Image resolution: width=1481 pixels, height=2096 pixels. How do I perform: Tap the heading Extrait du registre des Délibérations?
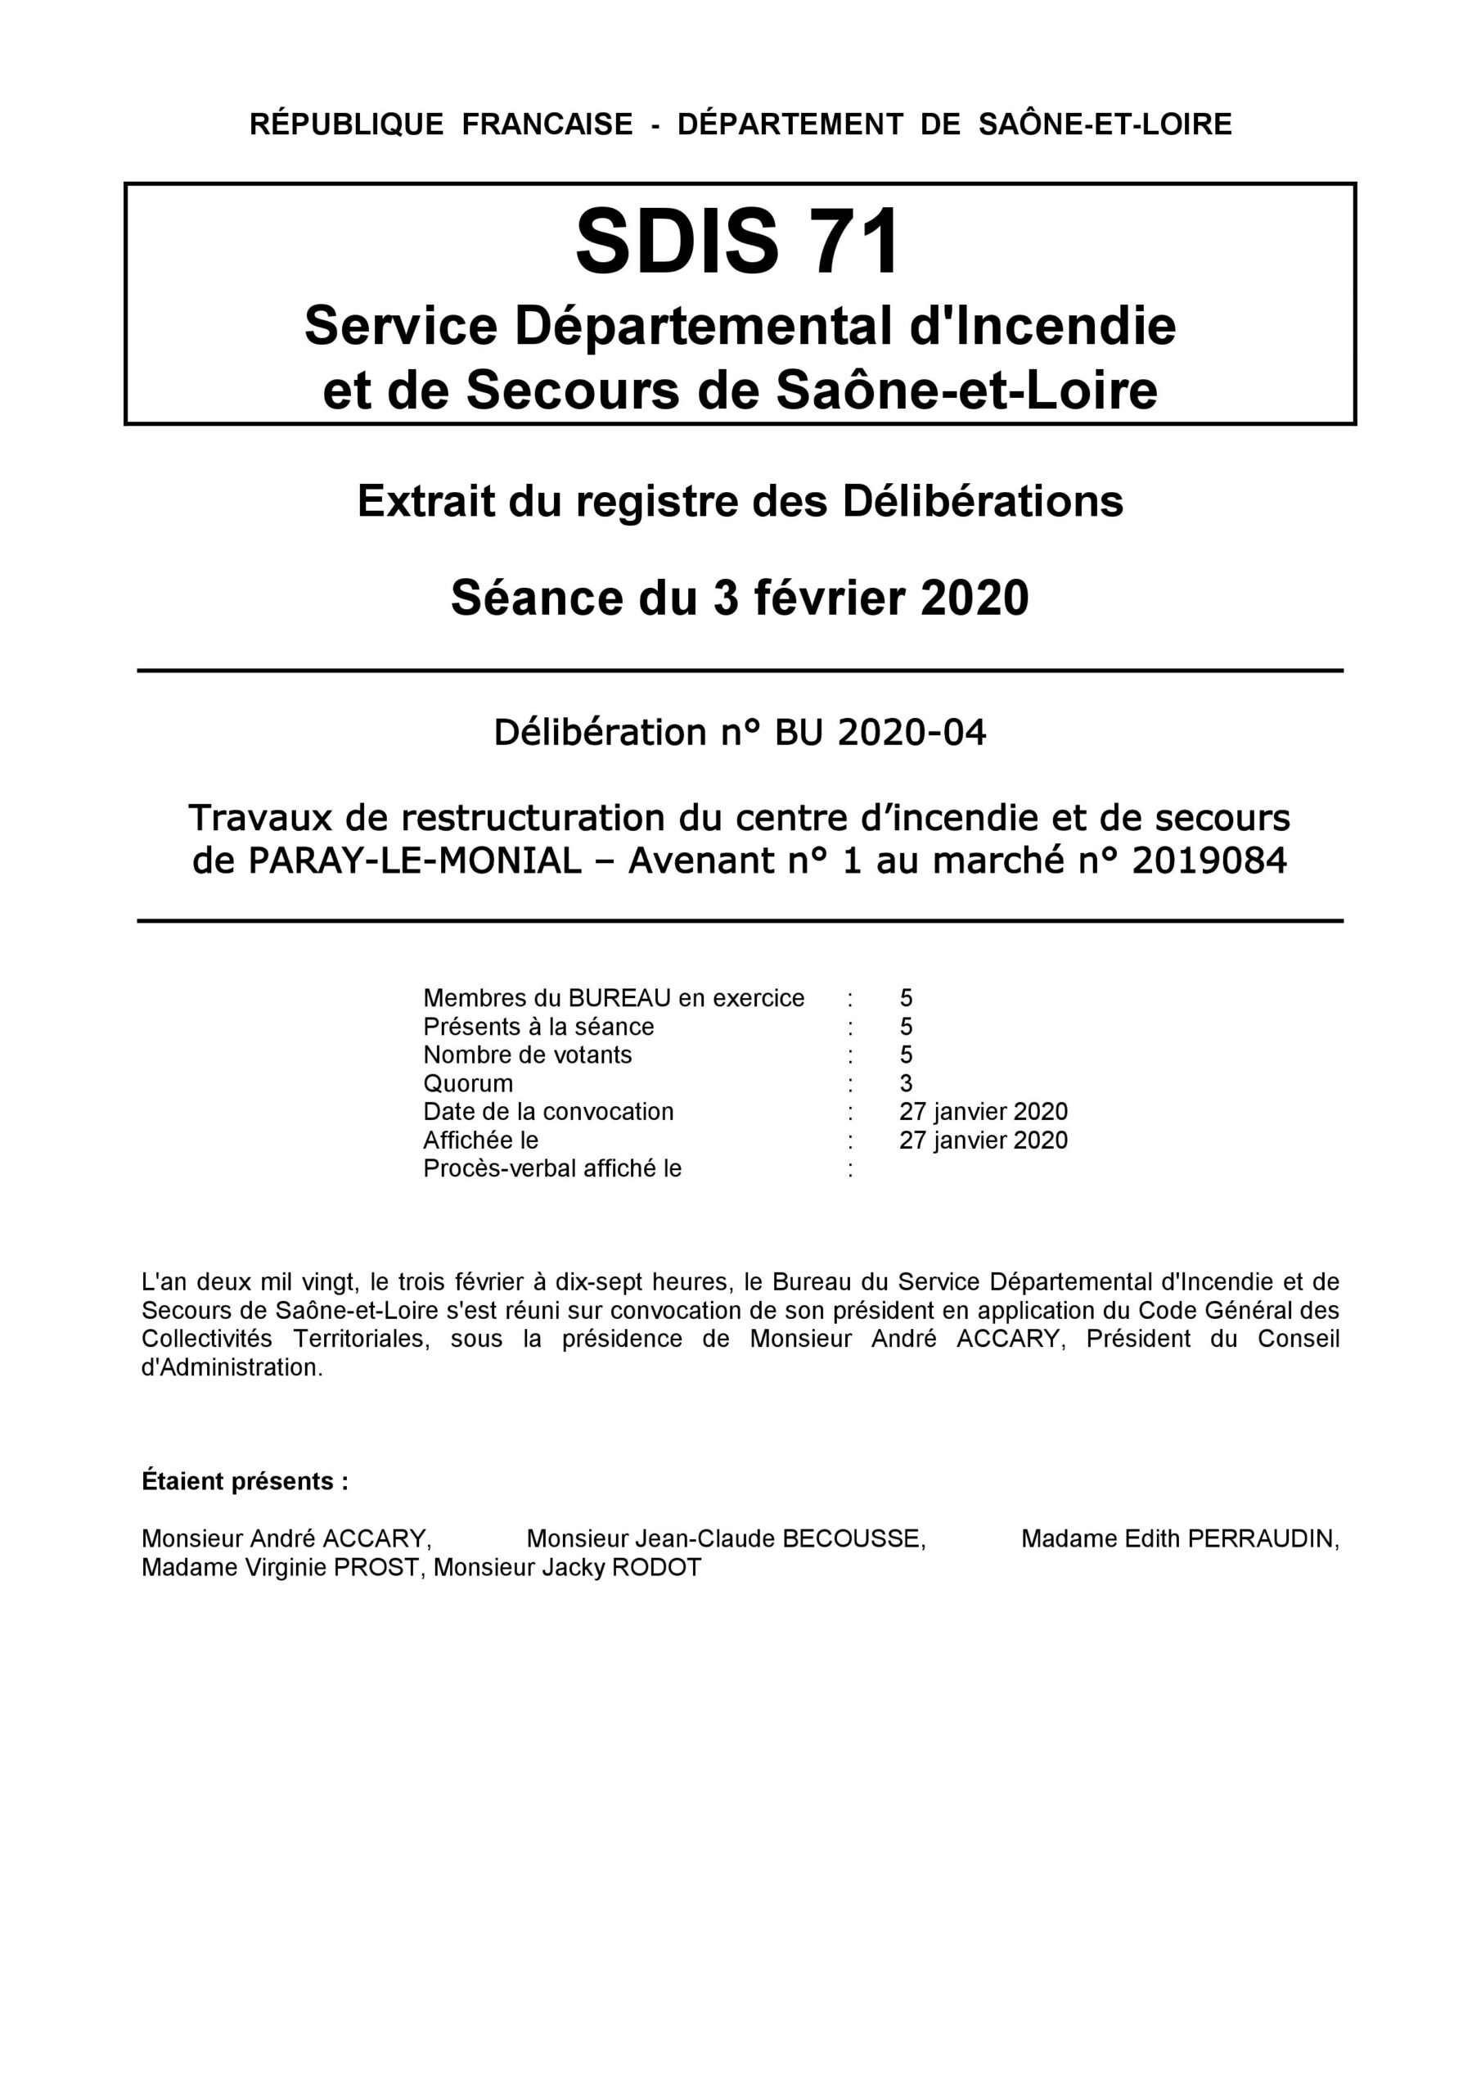tap(740, 501)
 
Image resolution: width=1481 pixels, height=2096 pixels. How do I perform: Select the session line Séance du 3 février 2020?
tap(740, 599)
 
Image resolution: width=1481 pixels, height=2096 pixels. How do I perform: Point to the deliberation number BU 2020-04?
tap(880, 732)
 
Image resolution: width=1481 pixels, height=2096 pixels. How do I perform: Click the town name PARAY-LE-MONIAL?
tap(414, 860)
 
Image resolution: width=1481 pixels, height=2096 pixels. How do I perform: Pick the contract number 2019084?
tap(1209, 860)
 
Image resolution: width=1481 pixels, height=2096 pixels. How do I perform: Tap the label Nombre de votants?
tap(528, 1055)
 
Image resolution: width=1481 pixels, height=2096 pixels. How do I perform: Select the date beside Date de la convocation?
tap(983, 1112)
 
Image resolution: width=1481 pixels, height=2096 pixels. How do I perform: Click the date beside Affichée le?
tap(983, 1141)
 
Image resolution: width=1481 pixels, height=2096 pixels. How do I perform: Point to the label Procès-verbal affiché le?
tap(552, 1168)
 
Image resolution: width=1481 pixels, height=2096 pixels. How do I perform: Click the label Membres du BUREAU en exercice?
tap(613, 999)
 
